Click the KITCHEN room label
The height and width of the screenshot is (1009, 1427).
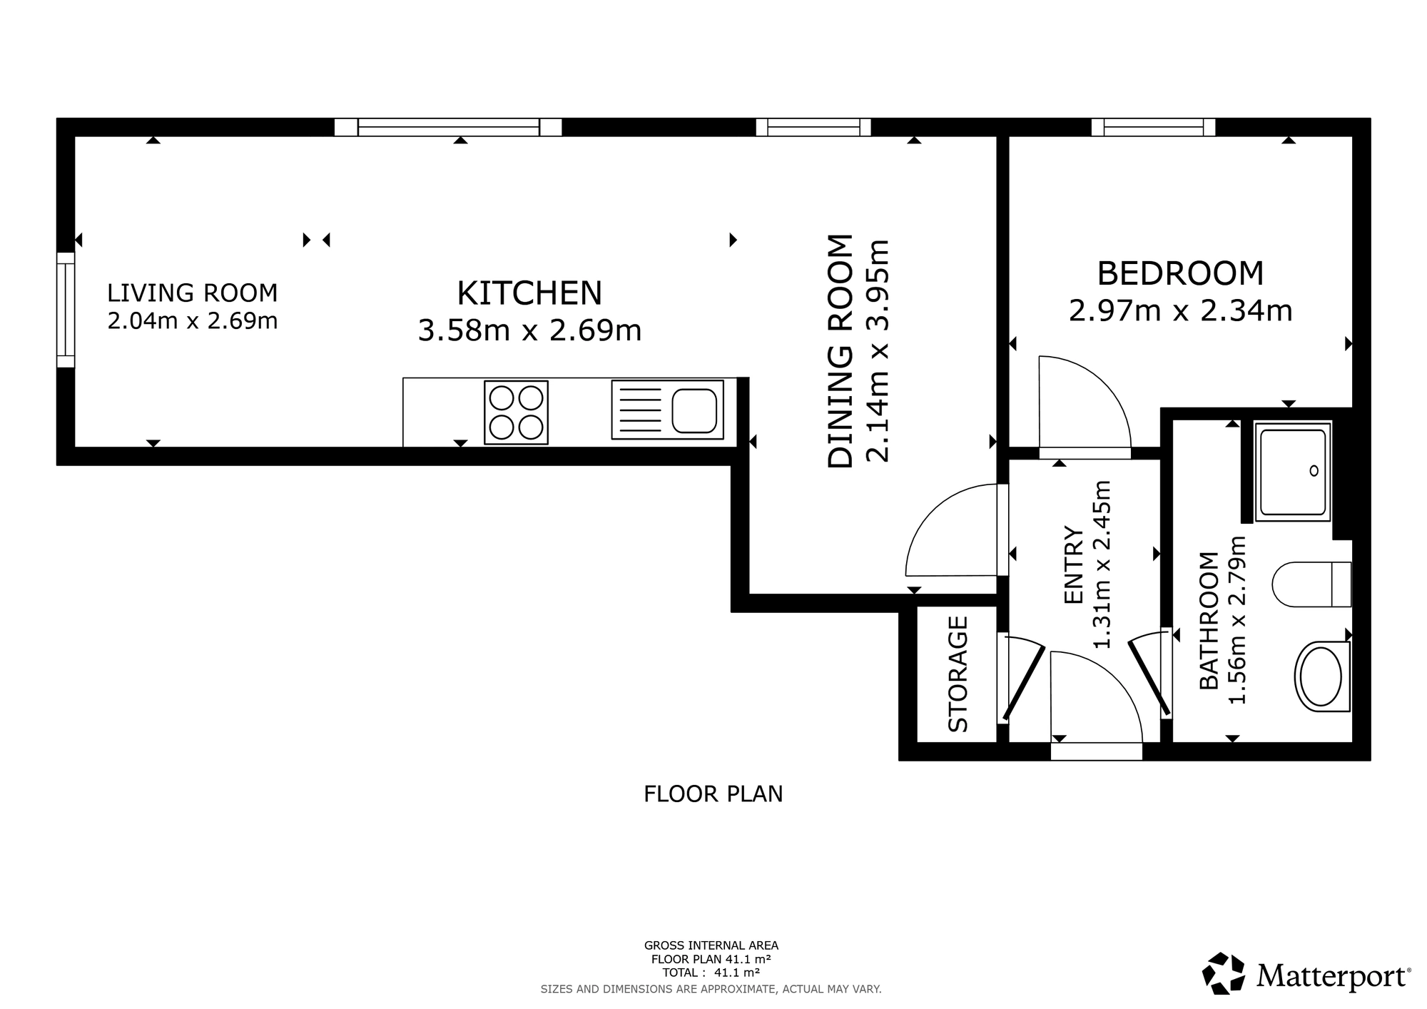click(x=529, y=293)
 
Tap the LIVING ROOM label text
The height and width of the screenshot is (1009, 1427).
click(x=193, y=293)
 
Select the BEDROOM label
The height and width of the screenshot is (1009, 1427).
click(x=1180, y=273)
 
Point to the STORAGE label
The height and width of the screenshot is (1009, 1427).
click(x=958, y=674)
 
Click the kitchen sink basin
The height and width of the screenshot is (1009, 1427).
click(x=694, y=410)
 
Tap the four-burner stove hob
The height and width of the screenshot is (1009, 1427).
click(x=516, y=412)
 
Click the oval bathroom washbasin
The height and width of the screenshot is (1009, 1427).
click(x=1322, y=676)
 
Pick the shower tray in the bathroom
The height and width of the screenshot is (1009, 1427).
click(x=1294, y=471)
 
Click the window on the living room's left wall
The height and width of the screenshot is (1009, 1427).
click(x=66, y=310)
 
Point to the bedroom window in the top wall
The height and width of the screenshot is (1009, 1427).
click(x=1153, y=127)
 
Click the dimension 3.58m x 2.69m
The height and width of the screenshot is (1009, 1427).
click(x=529, y=330)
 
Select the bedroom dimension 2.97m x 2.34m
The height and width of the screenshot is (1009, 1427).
click(x=1180, y=311)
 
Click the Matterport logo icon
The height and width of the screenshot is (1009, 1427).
click(x=1224, y=973)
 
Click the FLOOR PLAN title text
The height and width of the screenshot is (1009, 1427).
click(x=713, y=793)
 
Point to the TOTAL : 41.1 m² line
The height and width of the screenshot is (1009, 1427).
click(x=711, y=973)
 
